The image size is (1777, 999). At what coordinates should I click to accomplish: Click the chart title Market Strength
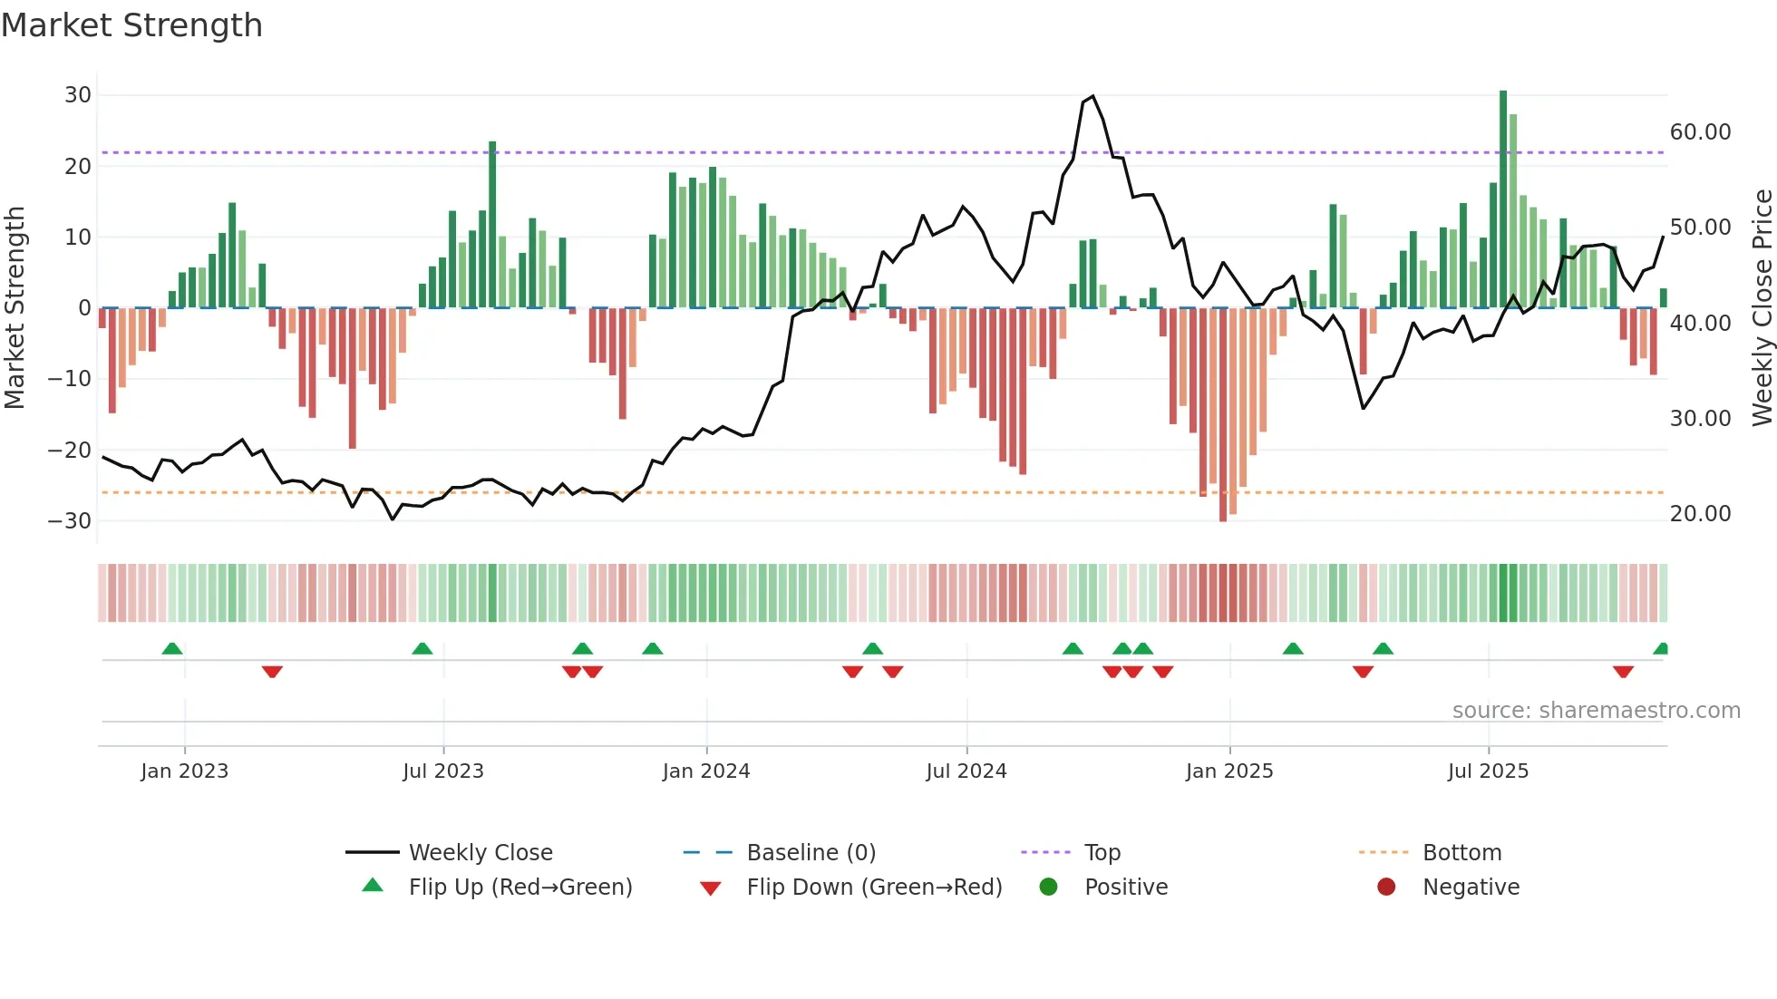131,25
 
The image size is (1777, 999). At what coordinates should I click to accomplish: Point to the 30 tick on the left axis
78,95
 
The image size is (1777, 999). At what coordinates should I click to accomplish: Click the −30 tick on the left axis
70,521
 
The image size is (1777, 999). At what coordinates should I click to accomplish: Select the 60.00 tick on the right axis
1700,132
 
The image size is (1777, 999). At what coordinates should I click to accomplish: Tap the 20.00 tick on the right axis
1700,514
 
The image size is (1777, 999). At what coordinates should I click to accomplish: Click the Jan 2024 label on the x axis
706,771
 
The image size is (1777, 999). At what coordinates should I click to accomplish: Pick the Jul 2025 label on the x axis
1488,771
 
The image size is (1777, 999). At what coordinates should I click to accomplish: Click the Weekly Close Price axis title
1762,307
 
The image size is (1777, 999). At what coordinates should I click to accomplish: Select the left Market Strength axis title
15,307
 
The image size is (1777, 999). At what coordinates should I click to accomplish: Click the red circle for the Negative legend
1386,887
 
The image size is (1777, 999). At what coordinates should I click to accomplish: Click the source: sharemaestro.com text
1596,711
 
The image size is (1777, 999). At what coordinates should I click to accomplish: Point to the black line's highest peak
1092,96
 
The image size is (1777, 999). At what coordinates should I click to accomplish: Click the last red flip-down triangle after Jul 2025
1623,672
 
